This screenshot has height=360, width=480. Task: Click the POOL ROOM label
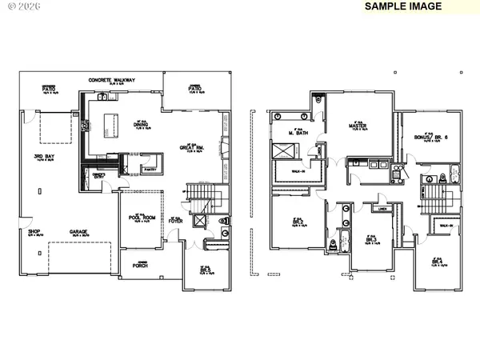[140, 218]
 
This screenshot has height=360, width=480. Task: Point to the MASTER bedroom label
[357, 126]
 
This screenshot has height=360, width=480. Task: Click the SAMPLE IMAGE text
[403, 6]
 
